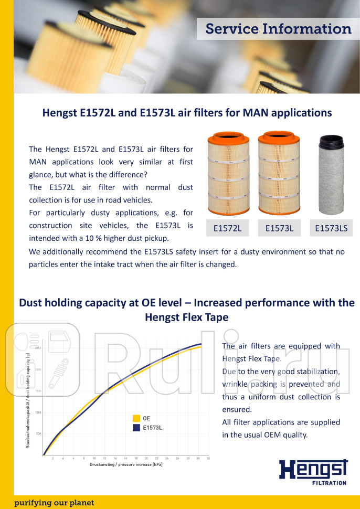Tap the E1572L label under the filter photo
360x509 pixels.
pos(227,228)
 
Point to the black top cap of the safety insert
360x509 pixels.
pos(332,142)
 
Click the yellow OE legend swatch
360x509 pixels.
pos(136,418)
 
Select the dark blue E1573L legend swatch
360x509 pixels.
pos(136,428)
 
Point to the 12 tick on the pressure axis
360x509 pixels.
pos(104,458)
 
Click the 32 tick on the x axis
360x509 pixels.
pos(208,458)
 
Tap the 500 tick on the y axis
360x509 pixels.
pos(38,434)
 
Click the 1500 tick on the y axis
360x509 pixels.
pos(38,391)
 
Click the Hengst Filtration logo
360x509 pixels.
pos(313,471)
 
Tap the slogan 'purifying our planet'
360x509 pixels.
pos(54,503)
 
